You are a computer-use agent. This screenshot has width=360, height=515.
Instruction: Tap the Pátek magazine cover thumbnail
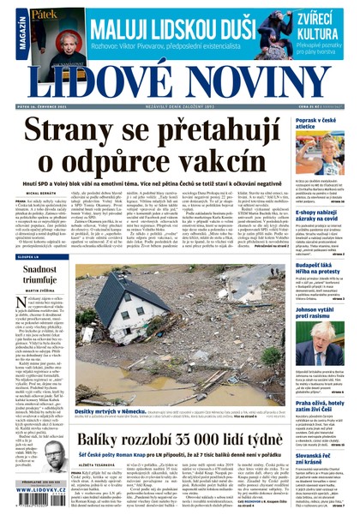[x=35, y=28]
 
